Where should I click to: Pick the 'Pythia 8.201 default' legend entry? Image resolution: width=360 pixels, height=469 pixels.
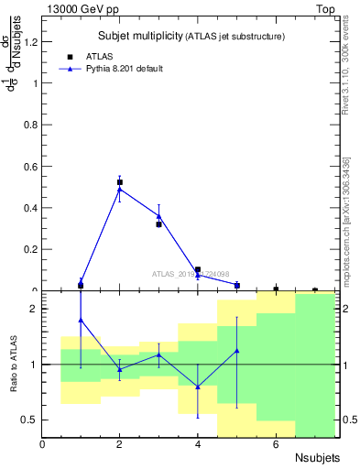point(110,68)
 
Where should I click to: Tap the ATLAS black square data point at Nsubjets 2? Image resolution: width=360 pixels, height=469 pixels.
point(120,182)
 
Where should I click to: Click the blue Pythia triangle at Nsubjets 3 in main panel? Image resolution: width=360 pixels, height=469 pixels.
point(158,216)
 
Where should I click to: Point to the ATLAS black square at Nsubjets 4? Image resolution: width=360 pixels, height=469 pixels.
point(198,270)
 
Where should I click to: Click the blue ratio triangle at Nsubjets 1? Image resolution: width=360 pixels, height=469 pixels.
point(81,320)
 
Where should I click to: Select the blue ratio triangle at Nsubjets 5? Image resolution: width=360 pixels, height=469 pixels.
point(237,351)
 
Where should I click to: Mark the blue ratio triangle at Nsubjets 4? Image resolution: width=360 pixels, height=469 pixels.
point(198,387)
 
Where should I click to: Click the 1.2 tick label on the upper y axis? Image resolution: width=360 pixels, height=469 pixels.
point(31,41)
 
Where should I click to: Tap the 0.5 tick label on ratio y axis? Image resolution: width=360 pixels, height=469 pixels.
point(31,420)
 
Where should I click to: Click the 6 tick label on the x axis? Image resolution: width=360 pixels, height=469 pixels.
point(276,444)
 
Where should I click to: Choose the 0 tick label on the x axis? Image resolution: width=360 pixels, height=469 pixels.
point(42,444)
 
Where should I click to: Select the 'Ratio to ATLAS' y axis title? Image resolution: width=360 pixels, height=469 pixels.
point(13,365)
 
